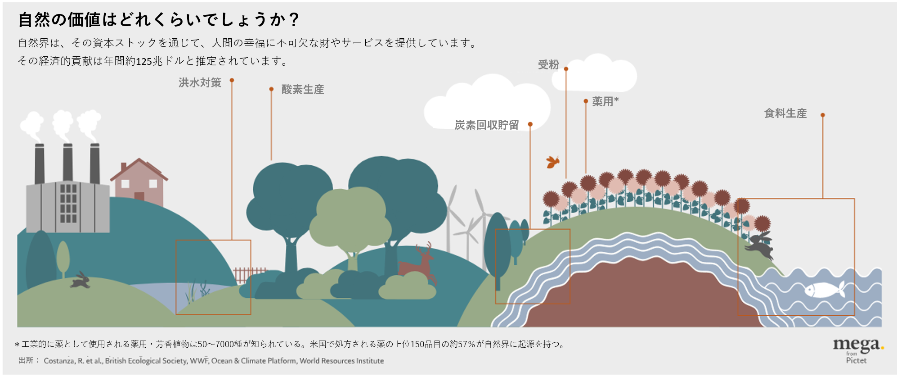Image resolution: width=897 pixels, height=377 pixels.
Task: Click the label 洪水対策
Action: click(200, 82)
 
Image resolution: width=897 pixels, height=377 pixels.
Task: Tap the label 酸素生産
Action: click(302, 90)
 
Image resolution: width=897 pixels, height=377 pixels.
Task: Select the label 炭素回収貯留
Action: click(486, 125)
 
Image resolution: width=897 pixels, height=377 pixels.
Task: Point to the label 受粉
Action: click(548, 65)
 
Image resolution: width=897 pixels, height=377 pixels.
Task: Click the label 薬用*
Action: click(605, 101)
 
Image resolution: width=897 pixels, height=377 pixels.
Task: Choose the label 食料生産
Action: click(785, 114)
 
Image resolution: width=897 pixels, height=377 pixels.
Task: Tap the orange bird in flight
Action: click(552, 162)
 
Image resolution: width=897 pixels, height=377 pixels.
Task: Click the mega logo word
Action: click(856, 345)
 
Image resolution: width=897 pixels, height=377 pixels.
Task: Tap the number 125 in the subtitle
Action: click(144, 61)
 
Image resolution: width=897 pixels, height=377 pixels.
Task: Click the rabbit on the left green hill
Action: click(81, 281)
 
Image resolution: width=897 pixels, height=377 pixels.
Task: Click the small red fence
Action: click(249, 274)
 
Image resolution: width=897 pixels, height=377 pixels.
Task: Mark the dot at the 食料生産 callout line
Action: click(822, 115)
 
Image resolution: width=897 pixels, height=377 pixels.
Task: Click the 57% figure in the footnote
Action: click(466, 344)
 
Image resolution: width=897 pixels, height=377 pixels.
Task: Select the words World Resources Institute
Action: click(341, 361)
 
